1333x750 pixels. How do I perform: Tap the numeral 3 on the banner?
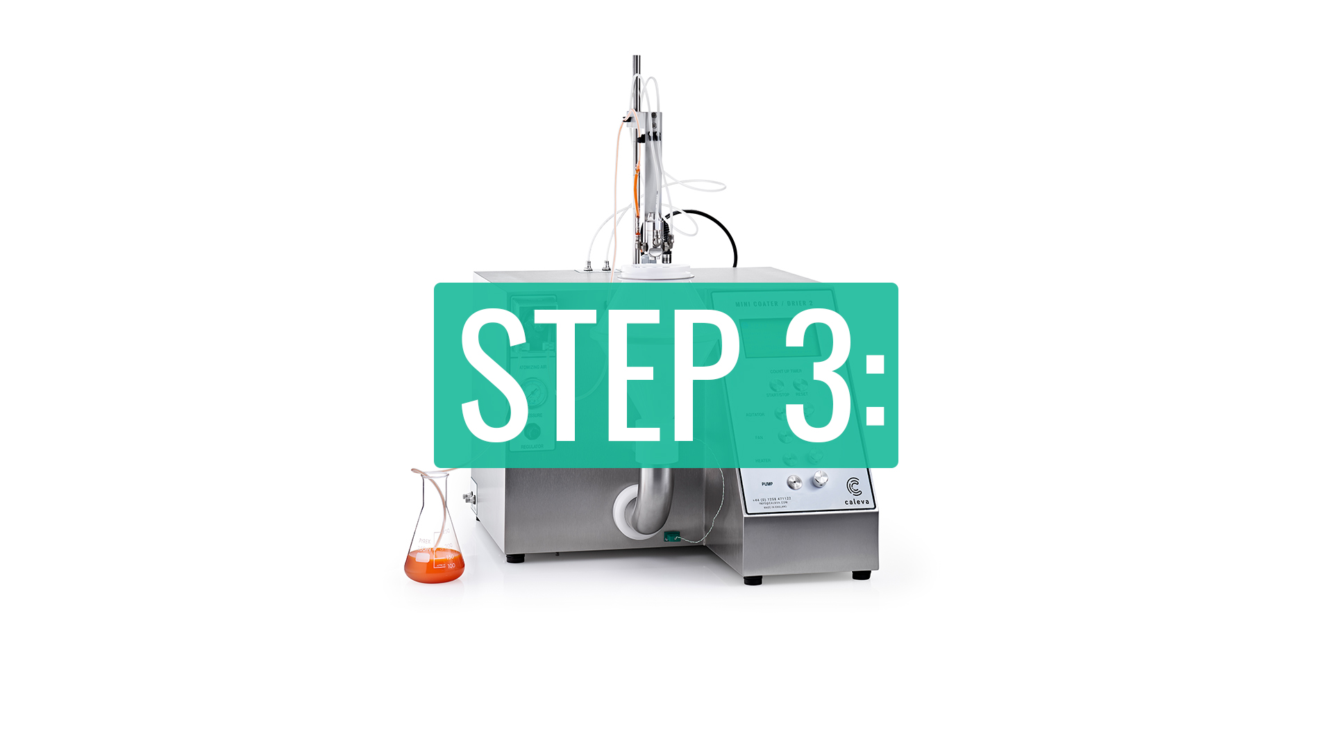[818, 375]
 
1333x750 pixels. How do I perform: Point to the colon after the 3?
[875, 390]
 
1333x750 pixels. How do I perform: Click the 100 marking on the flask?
[451, 566]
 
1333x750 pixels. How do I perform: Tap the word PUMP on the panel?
[767, 484]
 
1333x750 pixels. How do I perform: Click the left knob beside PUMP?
[794, 482]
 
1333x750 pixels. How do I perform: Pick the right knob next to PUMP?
[821, 478]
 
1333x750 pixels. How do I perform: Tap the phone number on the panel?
[772, 499]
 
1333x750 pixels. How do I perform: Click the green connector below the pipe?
[671, 536]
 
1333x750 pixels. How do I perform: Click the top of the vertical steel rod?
[636, 60]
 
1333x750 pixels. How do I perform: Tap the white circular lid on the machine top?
[656, 273]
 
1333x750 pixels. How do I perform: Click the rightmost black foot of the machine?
[861, 575]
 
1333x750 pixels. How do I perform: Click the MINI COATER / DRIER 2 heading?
[773, 304]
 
